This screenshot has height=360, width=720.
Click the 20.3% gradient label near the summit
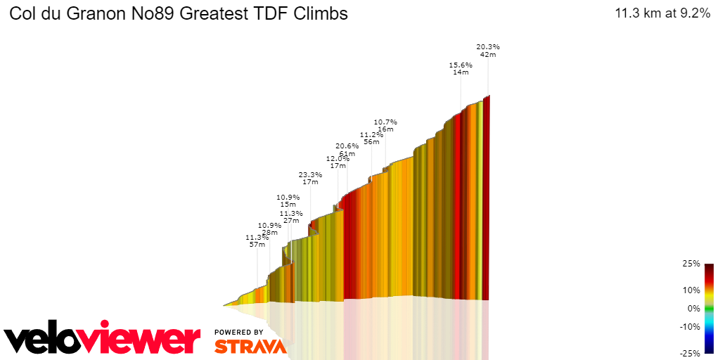489,47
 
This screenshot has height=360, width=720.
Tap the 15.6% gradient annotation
461,65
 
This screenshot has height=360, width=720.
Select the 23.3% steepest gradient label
310,174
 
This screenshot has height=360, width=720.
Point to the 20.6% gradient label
347,146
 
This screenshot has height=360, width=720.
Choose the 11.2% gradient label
371,134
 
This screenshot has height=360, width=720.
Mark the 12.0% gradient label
337,158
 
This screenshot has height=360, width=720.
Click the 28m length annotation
270,232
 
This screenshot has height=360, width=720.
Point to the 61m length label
347,153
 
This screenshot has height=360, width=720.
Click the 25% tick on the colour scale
691,264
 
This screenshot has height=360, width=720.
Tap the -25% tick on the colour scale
690,353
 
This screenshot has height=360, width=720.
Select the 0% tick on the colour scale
693,309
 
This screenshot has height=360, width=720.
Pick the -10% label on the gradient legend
690,327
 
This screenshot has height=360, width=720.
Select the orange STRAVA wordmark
250,346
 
